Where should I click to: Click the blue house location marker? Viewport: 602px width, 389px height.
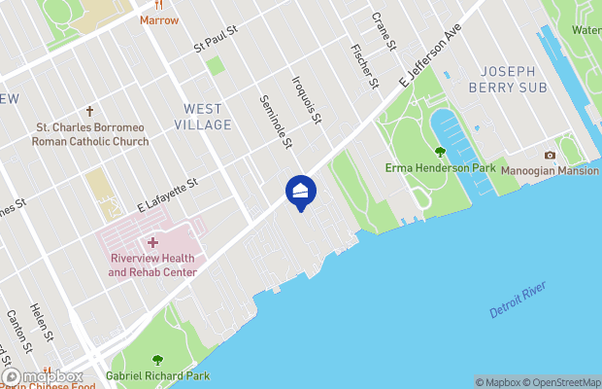(x=301, y=191)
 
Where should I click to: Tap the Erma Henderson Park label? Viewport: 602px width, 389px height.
(x=440, y=168)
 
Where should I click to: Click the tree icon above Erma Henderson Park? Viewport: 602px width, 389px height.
(x=440, y=152)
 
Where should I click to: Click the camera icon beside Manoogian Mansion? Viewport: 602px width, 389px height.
(x=551, y=155)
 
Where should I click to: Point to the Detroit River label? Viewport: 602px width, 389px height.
(x=518, y=299)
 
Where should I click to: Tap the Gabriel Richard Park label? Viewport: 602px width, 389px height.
(x=157, y=374)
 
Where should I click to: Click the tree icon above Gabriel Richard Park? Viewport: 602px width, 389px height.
(x=157, y=360)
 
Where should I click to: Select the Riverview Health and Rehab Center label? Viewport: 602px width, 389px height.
(x=152, y=265)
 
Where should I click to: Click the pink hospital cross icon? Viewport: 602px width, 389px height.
(x=152, y=242)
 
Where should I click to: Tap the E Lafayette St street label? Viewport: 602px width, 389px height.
(x=167, y=195)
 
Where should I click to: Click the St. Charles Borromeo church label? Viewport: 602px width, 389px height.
(x=92, y=134)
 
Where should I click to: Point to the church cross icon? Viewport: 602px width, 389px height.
(x=90, y=112)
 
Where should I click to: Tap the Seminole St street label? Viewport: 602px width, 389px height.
(x=275, y=122)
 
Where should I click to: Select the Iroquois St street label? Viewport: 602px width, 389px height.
(x=306, y=100)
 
